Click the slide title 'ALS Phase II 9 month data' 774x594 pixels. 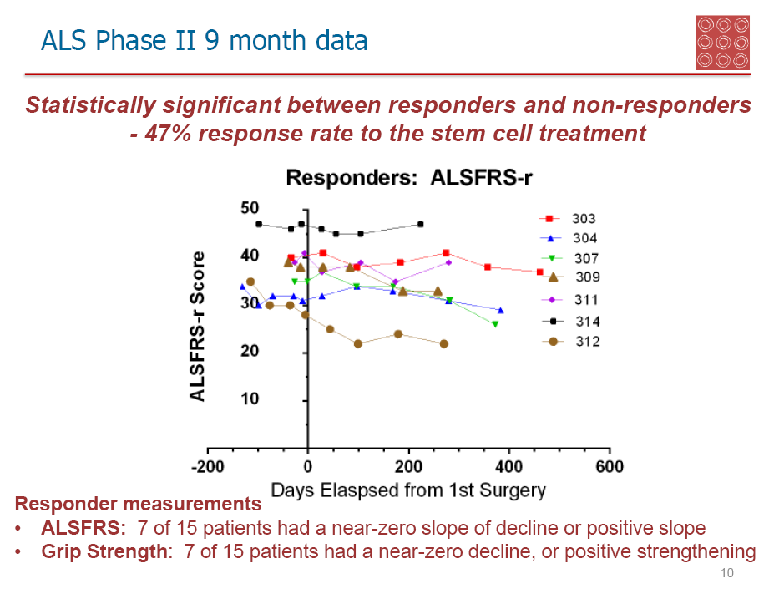tap(205, 39)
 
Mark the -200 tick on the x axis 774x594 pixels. tap(208, 467)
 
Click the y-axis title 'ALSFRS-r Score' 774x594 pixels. tap(198, 327)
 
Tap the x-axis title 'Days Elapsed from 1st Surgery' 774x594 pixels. tap(407, 490)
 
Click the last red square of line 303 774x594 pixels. tap(540, 272)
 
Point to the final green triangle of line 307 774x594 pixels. tap(495, 324)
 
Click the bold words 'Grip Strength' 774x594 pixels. tap(92, 552)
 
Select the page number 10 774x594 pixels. tap(726, 574)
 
